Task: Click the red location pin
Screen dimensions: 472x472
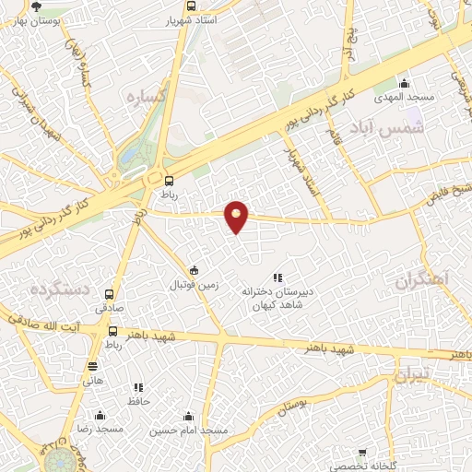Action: point(237,216)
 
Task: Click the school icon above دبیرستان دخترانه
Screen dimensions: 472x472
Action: point(277,277)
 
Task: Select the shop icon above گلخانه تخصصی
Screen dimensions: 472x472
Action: point(362,453)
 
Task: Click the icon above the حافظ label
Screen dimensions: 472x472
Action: point(138,388)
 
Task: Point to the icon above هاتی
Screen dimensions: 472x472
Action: point(93,366)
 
